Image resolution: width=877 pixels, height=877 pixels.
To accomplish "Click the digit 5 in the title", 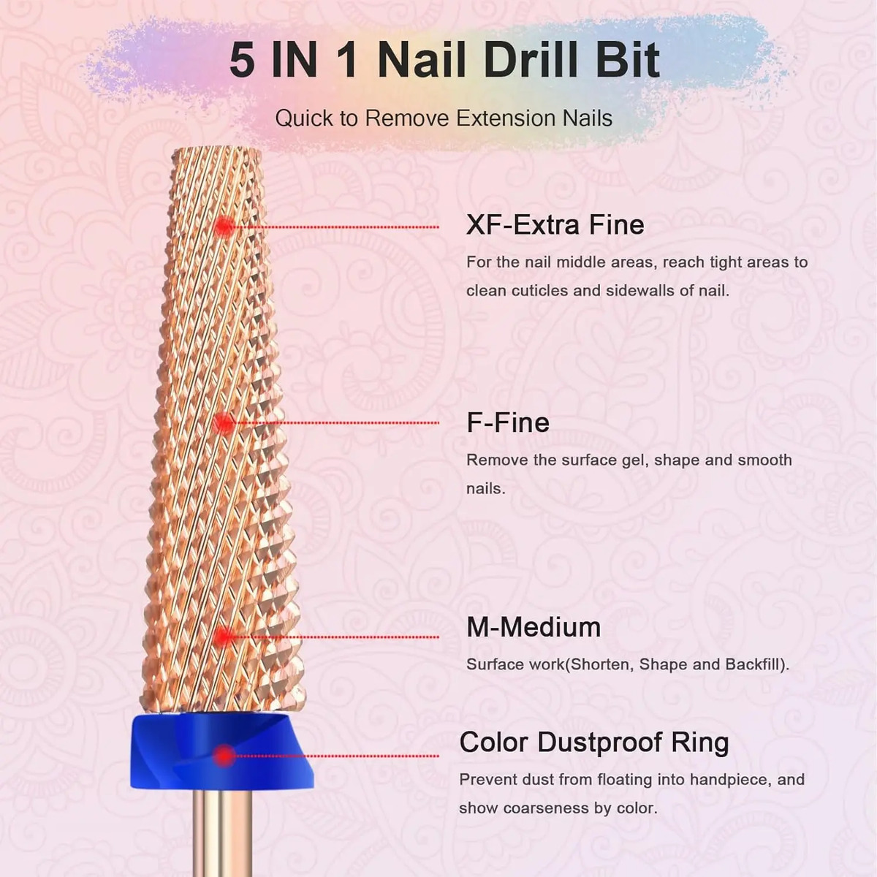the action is (242, 61).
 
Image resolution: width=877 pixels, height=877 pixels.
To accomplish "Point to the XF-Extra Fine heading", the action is (555, 224).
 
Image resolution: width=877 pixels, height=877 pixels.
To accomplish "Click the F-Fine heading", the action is (508, 422).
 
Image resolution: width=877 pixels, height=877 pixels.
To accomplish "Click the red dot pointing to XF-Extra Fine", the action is (224, 226).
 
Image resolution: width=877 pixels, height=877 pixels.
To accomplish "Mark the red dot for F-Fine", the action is (223, 423).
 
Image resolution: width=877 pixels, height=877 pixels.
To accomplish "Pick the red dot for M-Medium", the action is (223, 637).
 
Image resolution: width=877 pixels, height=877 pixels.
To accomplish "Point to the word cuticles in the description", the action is (540, 290).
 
